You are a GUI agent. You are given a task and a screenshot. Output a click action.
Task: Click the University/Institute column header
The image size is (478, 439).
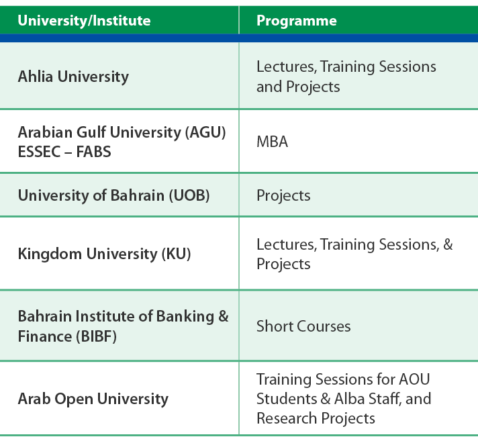click(84, 21)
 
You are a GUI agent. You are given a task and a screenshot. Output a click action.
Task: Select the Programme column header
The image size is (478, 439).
click(297, 21)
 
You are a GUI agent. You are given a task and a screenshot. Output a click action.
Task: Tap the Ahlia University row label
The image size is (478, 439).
click(73, 77)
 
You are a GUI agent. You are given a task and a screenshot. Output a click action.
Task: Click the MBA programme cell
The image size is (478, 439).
click(272, 142)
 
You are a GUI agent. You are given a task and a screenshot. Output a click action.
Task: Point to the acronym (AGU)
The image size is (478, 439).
click(205, 132)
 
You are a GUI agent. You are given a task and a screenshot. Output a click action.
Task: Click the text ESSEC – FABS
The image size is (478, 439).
click(64, 152)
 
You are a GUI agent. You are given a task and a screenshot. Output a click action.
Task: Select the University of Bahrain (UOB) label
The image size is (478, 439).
click(113, 195)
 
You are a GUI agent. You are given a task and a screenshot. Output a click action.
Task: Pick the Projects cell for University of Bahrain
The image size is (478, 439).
click(283, 196)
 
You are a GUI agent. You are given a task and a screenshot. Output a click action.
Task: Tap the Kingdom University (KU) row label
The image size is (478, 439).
click(104, 254)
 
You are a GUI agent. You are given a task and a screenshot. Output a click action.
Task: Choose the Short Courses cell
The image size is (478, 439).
click(303, 326)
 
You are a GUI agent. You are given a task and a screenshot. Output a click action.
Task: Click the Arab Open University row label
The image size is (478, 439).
click(93, 399)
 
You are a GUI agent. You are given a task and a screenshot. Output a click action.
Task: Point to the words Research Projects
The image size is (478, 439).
click(316, 418)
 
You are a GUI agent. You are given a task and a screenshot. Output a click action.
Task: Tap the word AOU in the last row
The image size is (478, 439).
click(414, 379)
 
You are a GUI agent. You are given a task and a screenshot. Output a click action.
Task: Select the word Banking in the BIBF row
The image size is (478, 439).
click(185, 317)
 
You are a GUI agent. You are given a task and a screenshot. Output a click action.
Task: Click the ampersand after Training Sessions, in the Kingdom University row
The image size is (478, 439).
click(448, 244)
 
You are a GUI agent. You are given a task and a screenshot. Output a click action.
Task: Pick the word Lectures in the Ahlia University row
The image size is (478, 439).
click(286, 67)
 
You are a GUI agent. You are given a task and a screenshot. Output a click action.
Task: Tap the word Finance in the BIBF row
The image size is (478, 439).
click(45, 336)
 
